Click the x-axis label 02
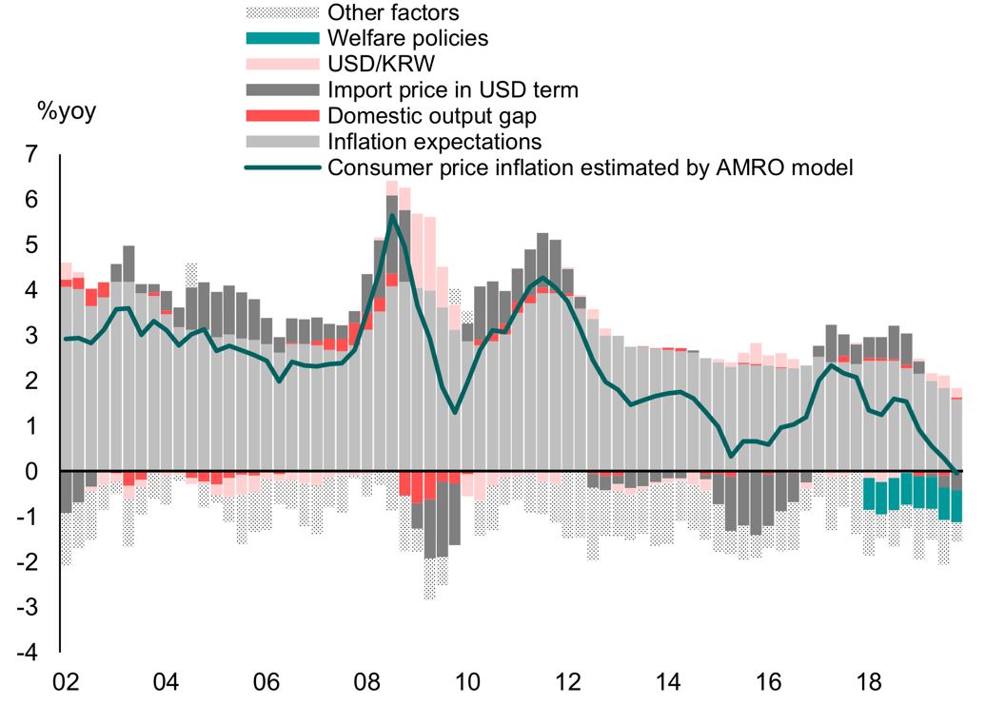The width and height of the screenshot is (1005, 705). pos(64,683)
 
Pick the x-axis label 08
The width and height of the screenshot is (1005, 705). pos(366,683)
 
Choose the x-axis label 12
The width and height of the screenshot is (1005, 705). pos(568,683)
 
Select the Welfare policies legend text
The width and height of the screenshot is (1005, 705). pos(407,38)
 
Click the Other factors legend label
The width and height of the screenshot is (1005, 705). pos(393,12)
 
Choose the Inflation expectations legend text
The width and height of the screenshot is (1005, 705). pos(434,142)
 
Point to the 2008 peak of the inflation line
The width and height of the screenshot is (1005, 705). pos(392,215)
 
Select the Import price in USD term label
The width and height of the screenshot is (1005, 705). pos(452,90)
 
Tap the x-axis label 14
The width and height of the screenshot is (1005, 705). pos(669,683)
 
